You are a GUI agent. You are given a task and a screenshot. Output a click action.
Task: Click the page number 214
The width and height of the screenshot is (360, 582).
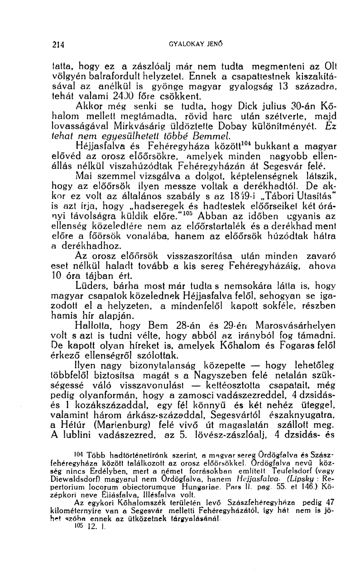click(58, 45)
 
